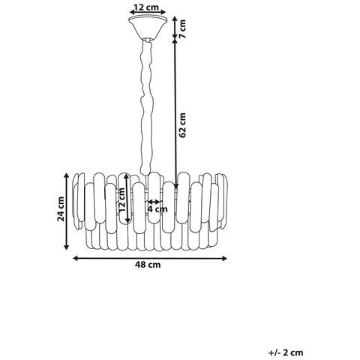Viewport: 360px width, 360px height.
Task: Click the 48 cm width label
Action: pos(148,265)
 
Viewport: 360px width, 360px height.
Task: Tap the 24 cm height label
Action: pos(61,209)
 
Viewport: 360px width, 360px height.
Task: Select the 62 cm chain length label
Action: pos(183,125)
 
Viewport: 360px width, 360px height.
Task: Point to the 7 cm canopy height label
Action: pos(183,28)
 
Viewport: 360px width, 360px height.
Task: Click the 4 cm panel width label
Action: pos(157,209)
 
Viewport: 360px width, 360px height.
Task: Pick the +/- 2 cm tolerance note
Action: pos(286,352)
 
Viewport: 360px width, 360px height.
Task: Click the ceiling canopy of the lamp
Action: pos(148,28)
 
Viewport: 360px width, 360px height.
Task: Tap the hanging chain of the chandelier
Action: pos(147,107)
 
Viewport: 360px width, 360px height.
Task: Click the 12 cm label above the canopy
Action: pos(146,7)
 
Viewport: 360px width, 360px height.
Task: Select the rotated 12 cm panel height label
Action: pos(121,199)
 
